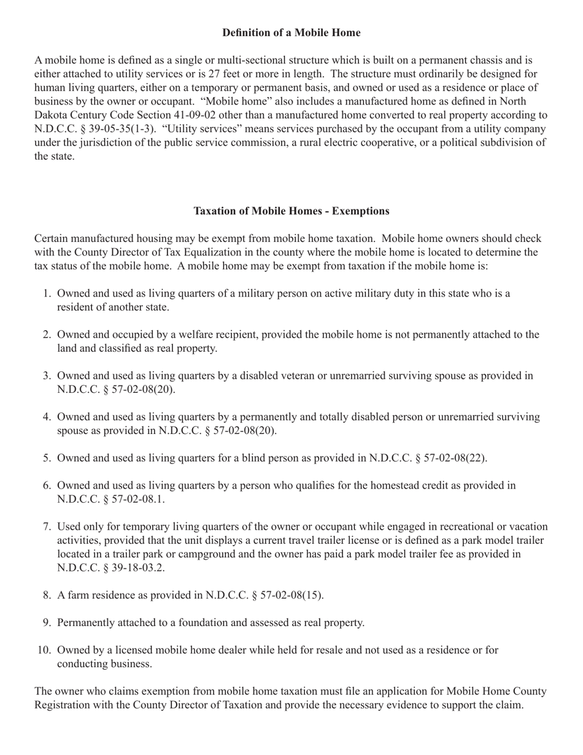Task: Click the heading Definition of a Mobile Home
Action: coord(291,33)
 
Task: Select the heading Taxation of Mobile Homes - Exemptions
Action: coord(291,211)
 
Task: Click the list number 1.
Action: coord(47,293)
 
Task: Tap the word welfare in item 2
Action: coord(206,335)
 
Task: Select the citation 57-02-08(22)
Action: coord(449,458)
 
